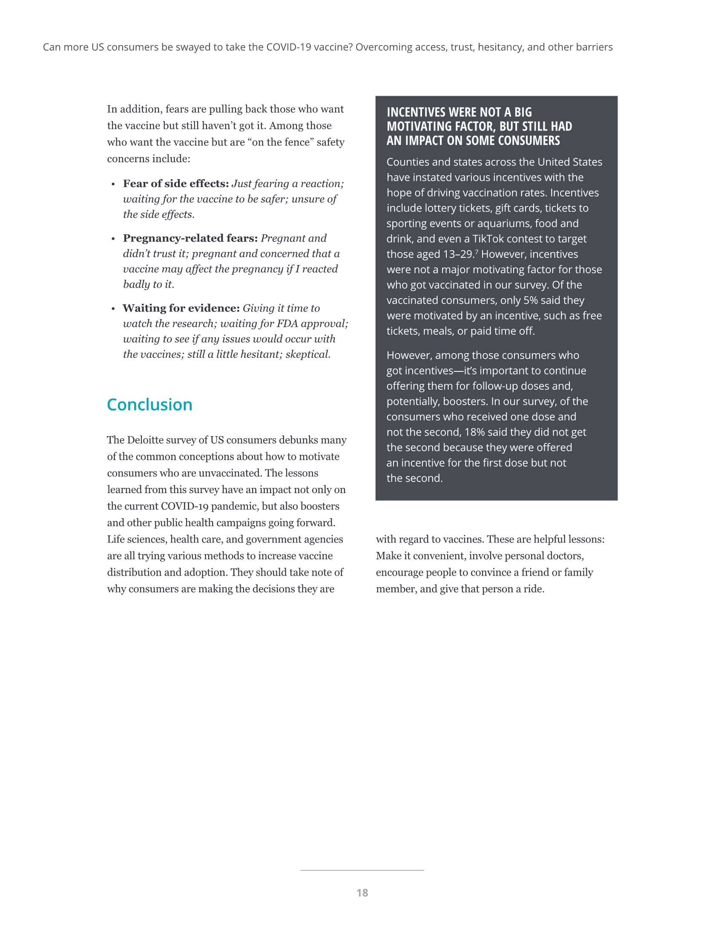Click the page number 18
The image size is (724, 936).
coord(362,893)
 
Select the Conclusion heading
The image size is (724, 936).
coord(149,405)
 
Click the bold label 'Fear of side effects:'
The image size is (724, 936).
coord(176,183)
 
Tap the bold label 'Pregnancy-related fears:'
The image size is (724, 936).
coord(190,238)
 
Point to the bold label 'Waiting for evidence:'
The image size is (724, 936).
coord(181,308)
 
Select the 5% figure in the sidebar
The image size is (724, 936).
coord(531,300)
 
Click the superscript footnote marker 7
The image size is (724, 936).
coord(476,251)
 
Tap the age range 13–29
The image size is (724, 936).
coord(458,254)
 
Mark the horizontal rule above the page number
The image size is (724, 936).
coord(362,870)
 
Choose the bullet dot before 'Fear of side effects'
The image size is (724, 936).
coord(113,184)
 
